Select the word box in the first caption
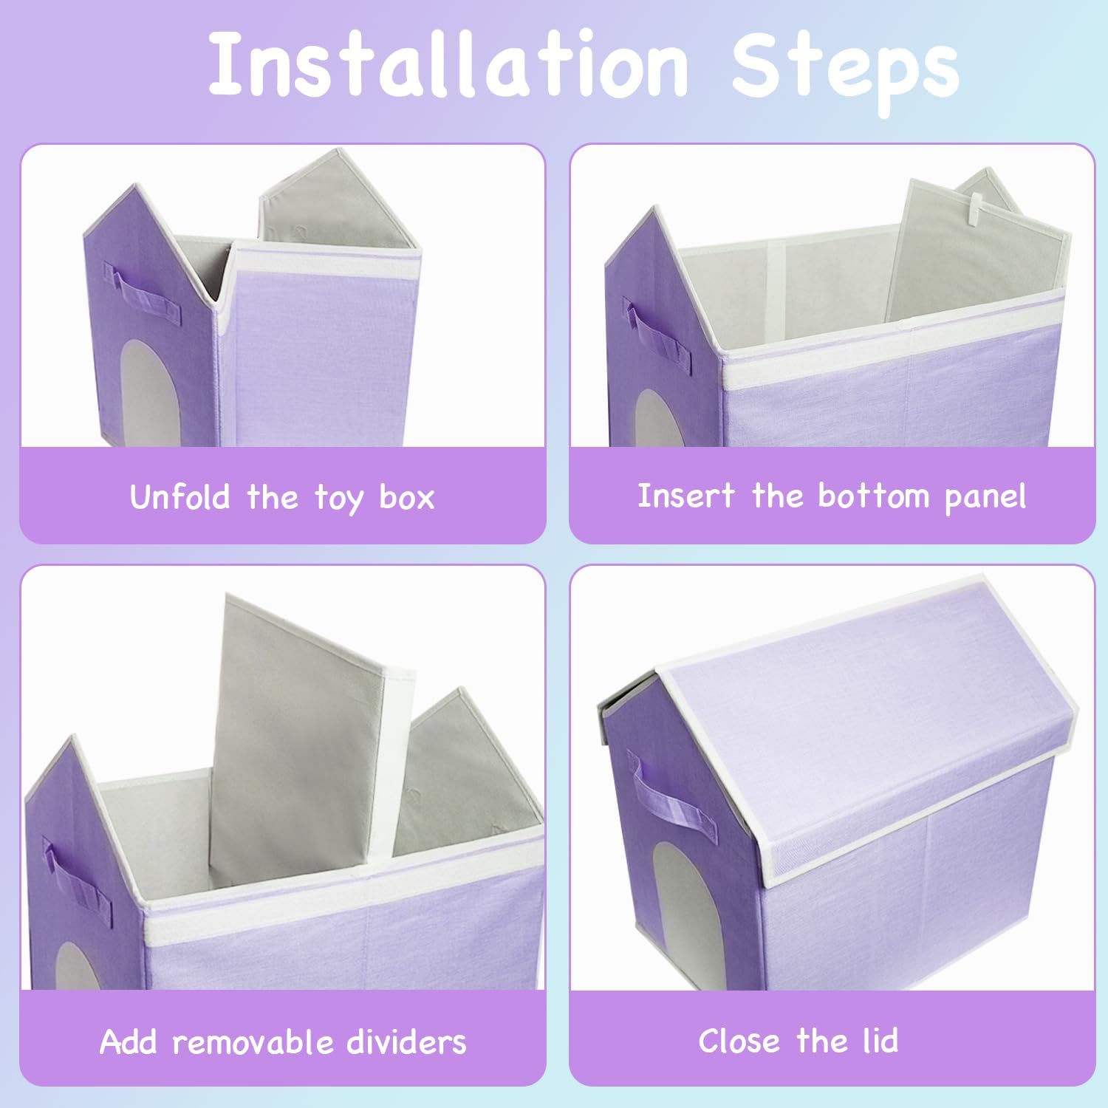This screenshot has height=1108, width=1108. click(x=406, y=496)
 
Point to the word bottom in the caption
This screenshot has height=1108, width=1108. click(x=873, y=495)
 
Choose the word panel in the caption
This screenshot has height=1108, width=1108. click(x=985, y=498)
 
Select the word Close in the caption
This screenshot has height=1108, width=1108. click(x=739, y=1041)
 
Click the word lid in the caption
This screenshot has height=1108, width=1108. click(x=879, y=1041)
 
